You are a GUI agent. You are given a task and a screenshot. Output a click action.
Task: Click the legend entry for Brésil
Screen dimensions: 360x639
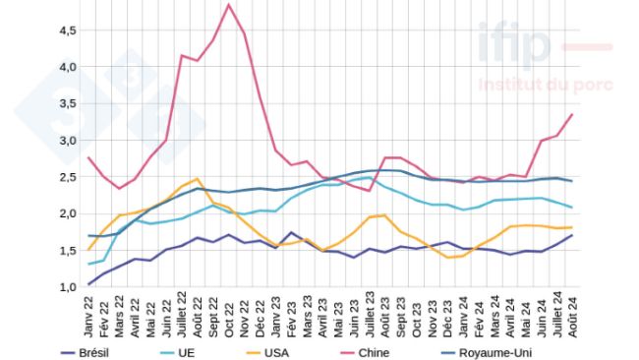[x=94, y=351]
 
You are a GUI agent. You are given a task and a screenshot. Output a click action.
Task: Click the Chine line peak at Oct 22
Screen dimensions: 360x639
[x=229, y=5]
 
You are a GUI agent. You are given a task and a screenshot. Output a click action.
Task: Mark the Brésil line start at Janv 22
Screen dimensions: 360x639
[x=88, y=284]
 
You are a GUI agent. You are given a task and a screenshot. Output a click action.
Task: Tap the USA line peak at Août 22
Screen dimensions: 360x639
[x=198, y=179]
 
